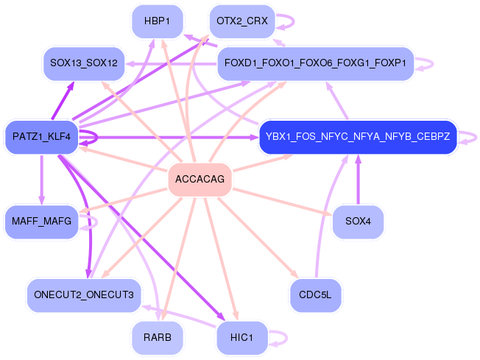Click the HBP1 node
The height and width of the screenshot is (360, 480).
(157, 21)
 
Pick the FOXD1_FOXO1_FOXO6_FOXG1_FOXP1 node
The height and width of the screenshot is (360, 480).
(315, 64)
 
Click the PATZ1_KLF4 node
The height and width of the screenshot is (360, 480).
(41, 137)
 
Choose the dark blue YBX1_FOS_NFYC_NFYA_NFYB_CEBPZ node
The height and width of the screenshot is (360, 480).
(358, 137)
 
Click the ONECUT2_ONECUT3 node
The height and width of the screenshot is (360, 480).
(83, 295)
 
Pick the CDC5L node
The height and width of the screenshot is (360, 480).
(315, 295)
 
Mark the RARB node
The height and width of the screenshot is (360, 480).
(157, 338)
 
